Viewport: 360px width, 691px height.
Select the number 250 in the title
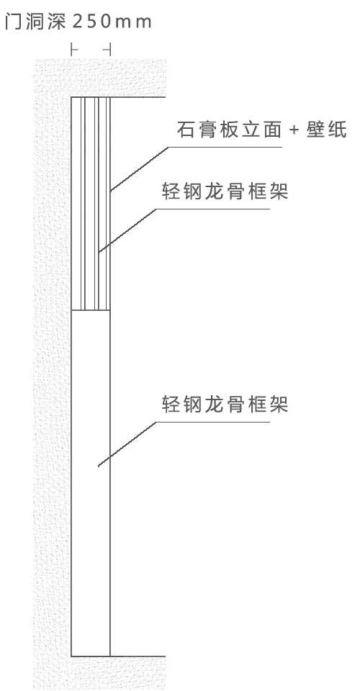point(94,22)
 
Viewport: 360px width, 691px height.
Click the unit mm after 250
point(136,23)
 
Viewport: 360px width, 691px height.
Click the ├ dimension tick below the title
point(74,50)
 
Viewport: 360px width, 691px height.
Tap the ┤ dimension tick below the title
point(107,50)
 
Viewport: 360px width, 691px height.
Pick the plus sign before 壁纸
point(294,130)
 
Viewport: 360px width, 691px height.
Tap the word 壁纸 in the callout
point(327,130)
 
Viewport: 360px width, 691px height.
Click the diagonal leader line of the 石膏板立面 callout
point(139,168)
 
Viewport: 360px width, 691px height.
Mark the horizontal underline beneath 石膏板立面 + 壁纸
point(225,147)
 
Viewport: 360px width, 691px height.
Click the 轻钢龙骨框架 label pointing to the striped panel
point(225,191)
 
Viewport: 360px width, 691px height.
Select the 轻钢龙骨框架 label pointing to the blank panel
point(225,404)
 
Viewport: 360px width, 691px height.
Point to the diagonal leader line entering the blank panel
point(127,444)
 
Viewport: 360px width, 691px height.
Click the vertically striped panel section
point(91,204)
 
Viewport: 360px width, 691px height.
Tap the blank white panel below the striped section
point(91,483)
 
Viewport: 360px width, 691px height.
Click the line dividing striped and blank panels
point(91,310)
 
